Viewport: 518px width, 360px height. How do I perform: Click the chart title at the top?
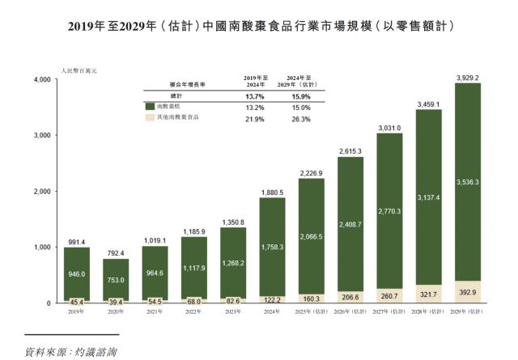point(258,26)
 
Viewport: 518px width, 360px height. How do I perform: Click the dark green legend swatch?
point(150,106)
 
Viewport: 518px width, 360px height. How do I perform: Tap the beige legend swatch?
point(150,117)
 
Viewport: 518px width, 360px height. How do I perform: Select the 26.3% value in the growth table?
point(299,118)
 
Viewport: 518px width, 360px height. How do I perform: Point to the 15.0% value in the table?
point(299,107)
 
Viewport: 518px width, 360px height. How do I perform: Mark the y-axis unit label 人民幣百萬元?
point(79,72)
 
